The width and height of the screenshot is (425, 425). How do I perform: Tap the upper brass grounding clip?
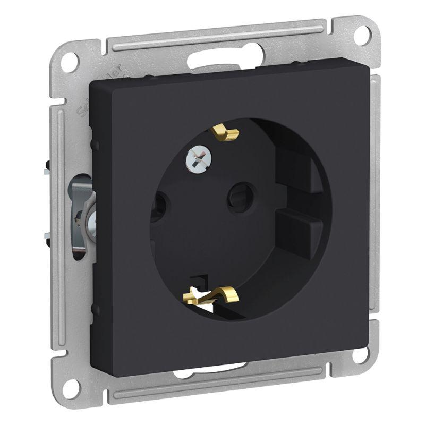(227, 133)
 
